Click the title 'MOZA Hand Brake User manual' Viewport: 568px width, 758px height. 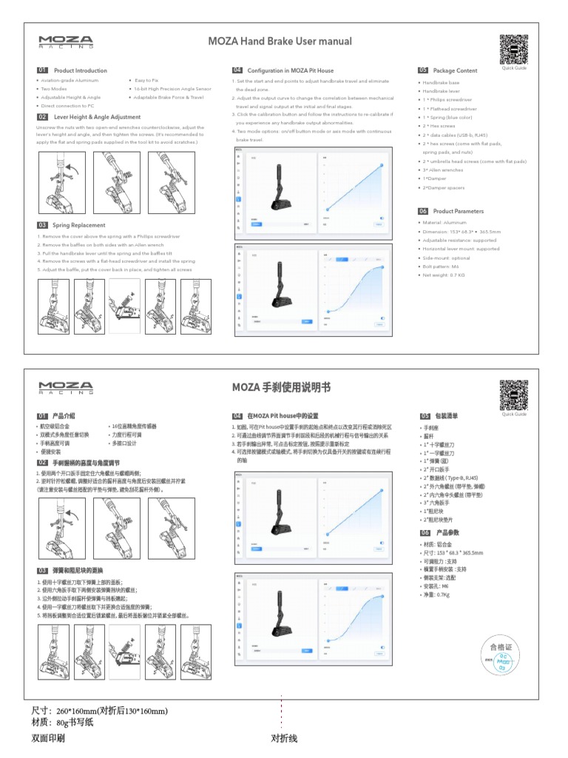pos(280,41)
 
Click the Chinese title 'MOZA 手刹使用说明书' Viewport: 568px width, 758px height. pos(281,386)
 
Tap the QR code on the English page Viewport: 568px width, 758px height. pos(513,48)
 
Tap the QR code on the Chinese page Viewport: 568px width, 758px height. pos(513,394)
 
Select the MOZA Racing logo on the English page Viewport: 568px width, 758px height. pos(66,42)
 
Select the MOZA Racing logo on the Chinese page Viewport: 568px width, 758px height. pos(66,387)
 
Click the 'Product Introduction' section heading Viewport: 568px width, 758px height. pos(80,70)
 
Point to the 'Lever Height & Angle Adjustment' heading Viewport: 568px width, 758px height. pos(96,117)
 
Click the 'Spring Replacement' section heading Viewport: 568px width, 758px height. pos(78,225)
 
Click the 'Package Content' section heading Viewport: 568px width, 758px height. pos(455,70)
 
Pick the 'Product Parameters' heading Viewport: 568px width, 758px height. pos(458,211)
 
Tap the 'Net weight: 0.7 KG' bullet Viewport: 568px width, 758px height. pos(444,275)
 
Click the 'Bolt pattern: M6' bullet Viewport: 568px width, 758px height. pos(441,266)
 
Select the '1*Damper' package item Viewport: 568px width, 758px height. pos(434,178)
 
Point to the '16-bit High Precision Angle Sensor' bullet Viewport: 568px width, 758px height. pos(172,88)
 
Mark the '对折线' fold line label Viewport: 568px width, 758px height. pos(284,738)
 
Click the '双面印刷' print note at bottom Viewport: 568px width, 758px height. pos(47,738)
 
